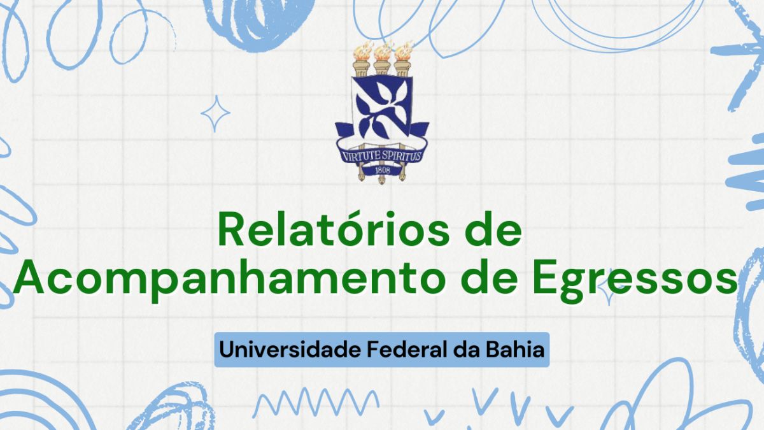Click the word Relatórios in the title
click(334, 230)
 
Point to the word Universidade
click(290, 350)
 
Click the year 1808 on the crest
click(383, 170)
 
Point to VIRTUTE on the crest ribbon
click(361, 156)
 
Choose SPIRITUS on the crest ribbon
click(402, 156)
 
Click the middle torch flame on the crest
click(383, 51)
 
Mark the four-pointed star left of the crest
click(215, 113)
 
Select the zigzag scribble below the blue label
click(316, 402)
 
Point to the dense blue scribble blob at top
click(260, 24)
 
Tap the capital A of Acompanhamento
click(29, 276)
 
